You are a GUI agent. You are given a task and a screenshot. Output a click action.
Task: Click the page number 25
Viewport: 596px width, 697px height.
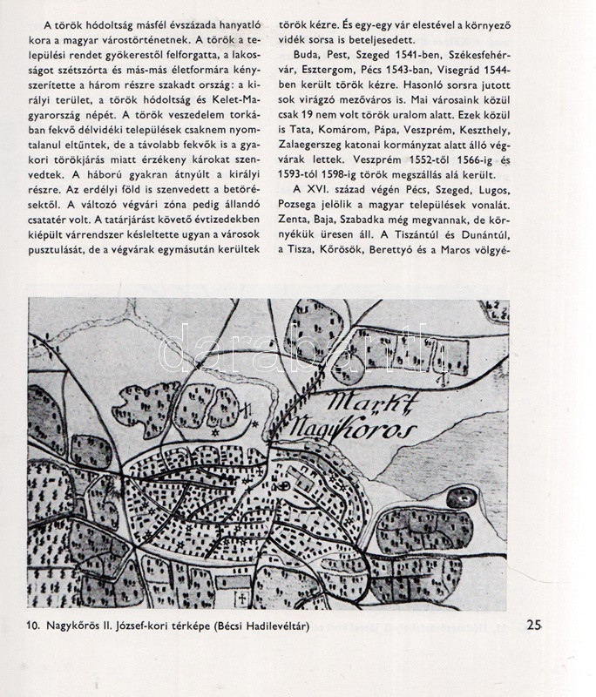pos(536,624)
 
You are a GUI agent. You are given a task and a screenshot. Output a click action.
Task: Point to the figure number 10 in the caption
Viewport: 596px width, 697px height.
pos(35,626)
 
